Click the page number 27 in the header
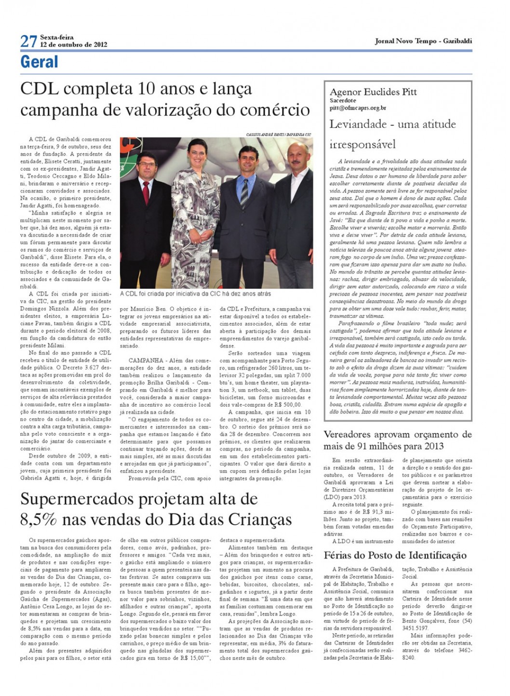[x=28, y=41]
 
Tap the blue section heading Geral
[x=39, y=62]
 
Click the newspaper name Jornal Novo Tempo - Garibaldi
[x=423, y=41]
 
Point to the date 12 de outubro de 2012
[x=73, y=45]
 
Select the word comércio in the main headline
[x=276, y=109]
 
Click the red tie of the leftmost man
[x=146, y=192]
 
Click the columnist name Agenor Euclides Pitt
[x=373, y=92]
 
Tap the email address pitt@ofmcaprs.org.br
[x=358, y=109]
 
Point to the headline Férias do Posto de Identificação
[x=395, y=555]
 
